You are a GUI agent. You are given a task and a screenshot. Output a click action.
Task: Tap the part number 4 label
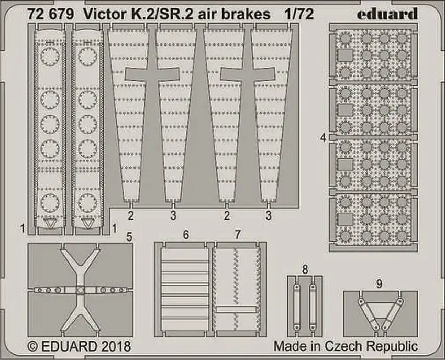324,138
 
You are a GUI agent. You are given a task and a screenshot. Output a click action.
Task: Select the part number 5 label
129,236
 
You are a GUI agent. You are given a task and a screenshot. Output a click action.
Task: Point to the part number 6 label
185,235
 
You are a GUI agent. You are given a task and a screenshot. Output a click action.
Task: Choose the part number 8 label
305,269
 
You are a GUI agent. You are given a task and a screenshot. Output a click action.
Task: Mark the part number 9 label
379,284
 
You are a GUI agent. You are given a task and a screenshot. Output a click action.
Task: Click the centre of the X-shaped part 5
80,290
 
